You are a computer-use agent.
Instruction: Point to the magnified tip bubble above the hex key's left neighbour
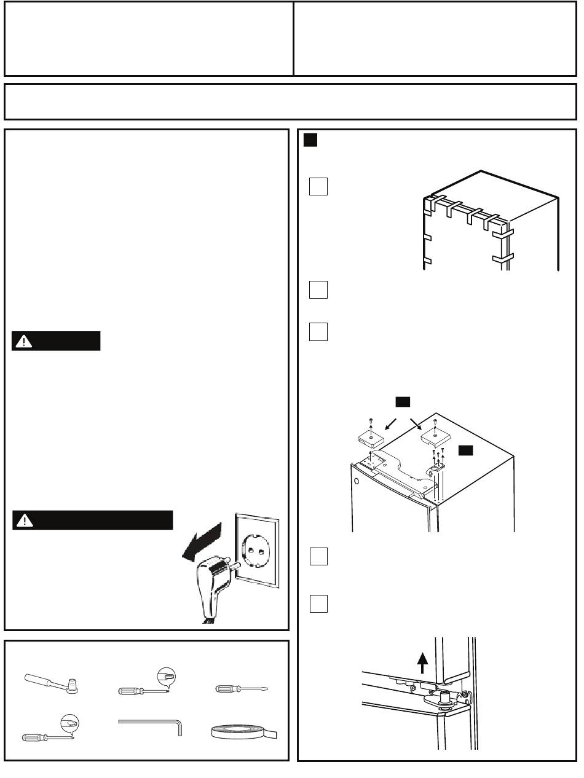[70, 724]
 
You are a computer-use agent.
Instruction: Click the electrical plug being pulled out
[210, 584]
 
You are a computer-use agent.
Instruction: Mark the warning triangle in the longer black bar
[25, 521]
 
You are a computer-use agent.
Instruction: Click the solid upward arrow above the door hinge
[422, 664]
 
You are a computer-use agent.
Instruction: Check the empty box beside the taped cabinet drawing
[318, 186]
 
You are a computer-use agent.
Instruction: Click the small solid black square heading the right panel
[310, 141]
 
